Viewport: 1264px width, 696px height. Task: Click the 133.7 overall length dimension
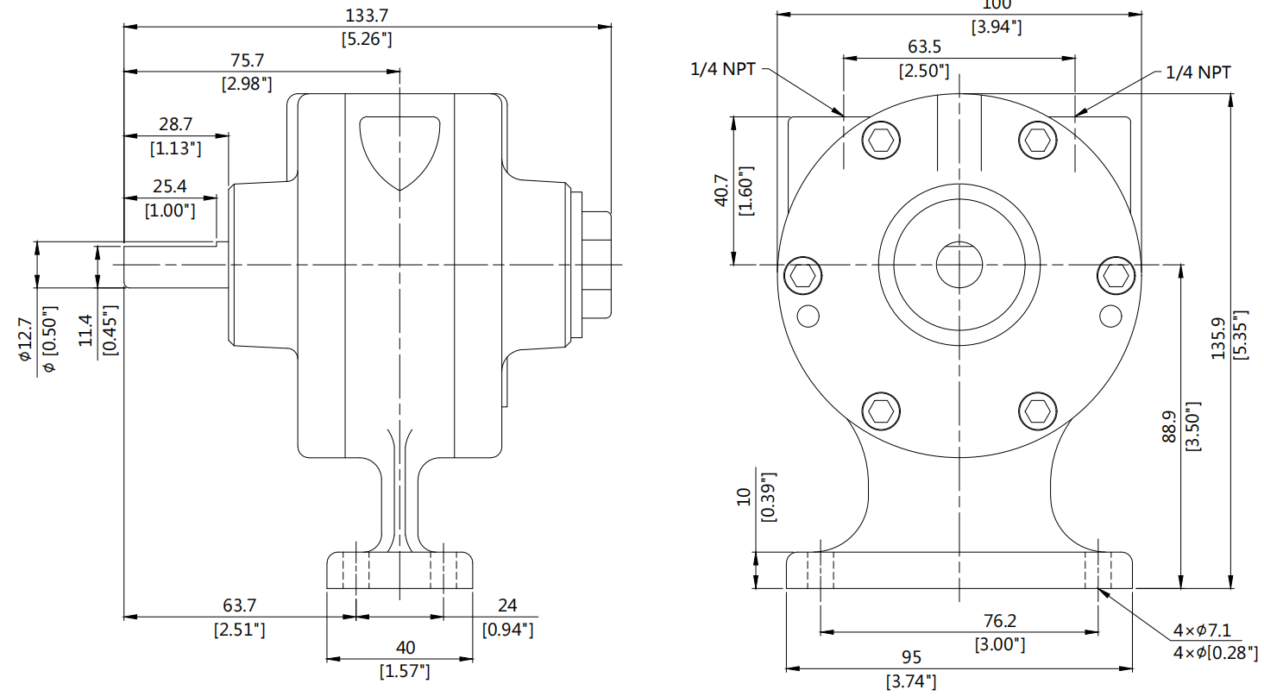368,16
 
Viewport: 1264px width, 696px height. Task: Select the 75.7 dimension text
247,60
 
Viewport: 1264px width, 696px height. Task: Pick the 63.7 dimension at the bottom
239,606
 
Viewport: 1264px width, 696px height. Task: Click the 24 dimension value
507,606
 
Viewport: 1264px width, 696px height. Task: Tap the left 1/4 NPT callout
723,70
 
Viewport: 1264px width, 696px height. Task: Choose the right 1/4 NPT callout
1198,72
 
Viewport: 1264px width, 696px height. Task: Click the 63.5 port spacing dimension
924,47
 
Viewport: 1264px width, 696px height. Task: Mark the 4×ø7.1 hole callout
1213,630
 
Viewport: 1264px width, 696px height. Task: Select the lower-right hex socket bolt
1036,410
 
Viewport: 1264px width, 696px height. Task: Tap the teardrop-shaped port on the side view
399,148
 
